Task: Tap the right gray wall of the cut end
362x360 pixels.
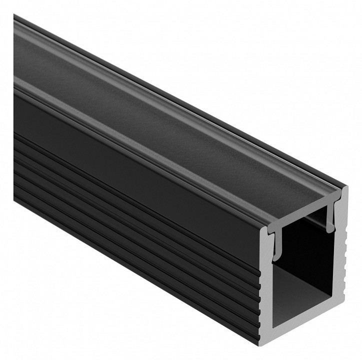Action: tap(338, 260)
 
